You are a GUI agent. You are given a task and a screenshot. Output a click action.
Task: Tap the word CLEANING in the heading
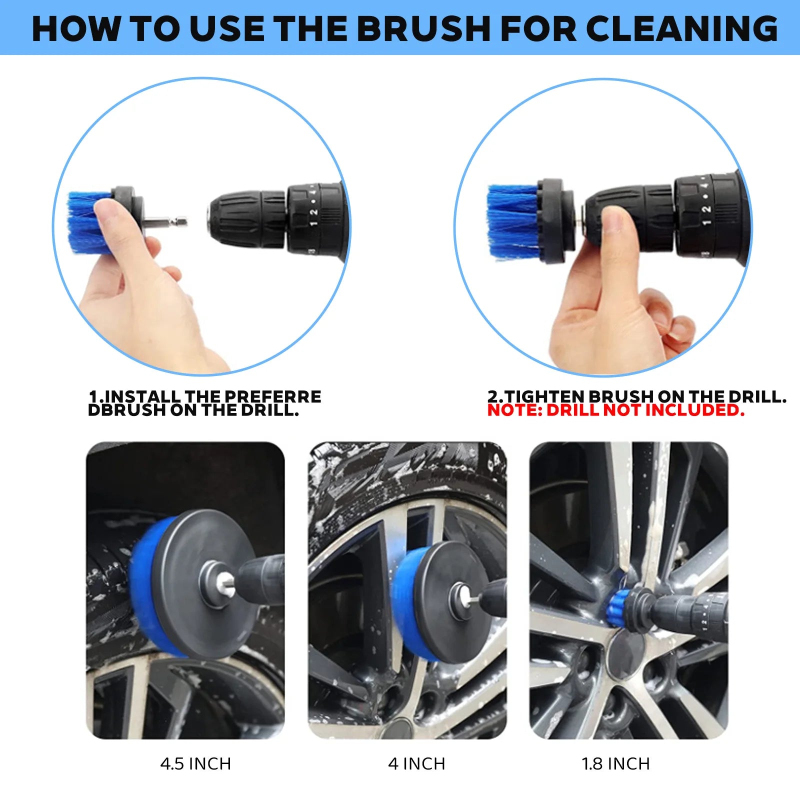[x=681, y=28]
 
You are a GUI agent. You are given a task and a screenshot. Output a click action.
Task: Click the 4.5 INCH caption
[x=195, y=764]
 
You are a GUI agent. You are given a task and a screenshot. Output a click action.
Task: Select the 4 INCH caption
[x=416, y=764]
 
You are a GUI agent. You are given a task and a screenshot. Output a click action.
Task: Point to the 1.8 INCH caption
[x=615, y=764]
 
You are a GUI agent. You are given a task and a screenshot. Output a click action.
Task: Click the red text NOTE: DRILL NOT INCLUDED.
[x=615, y=410]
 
